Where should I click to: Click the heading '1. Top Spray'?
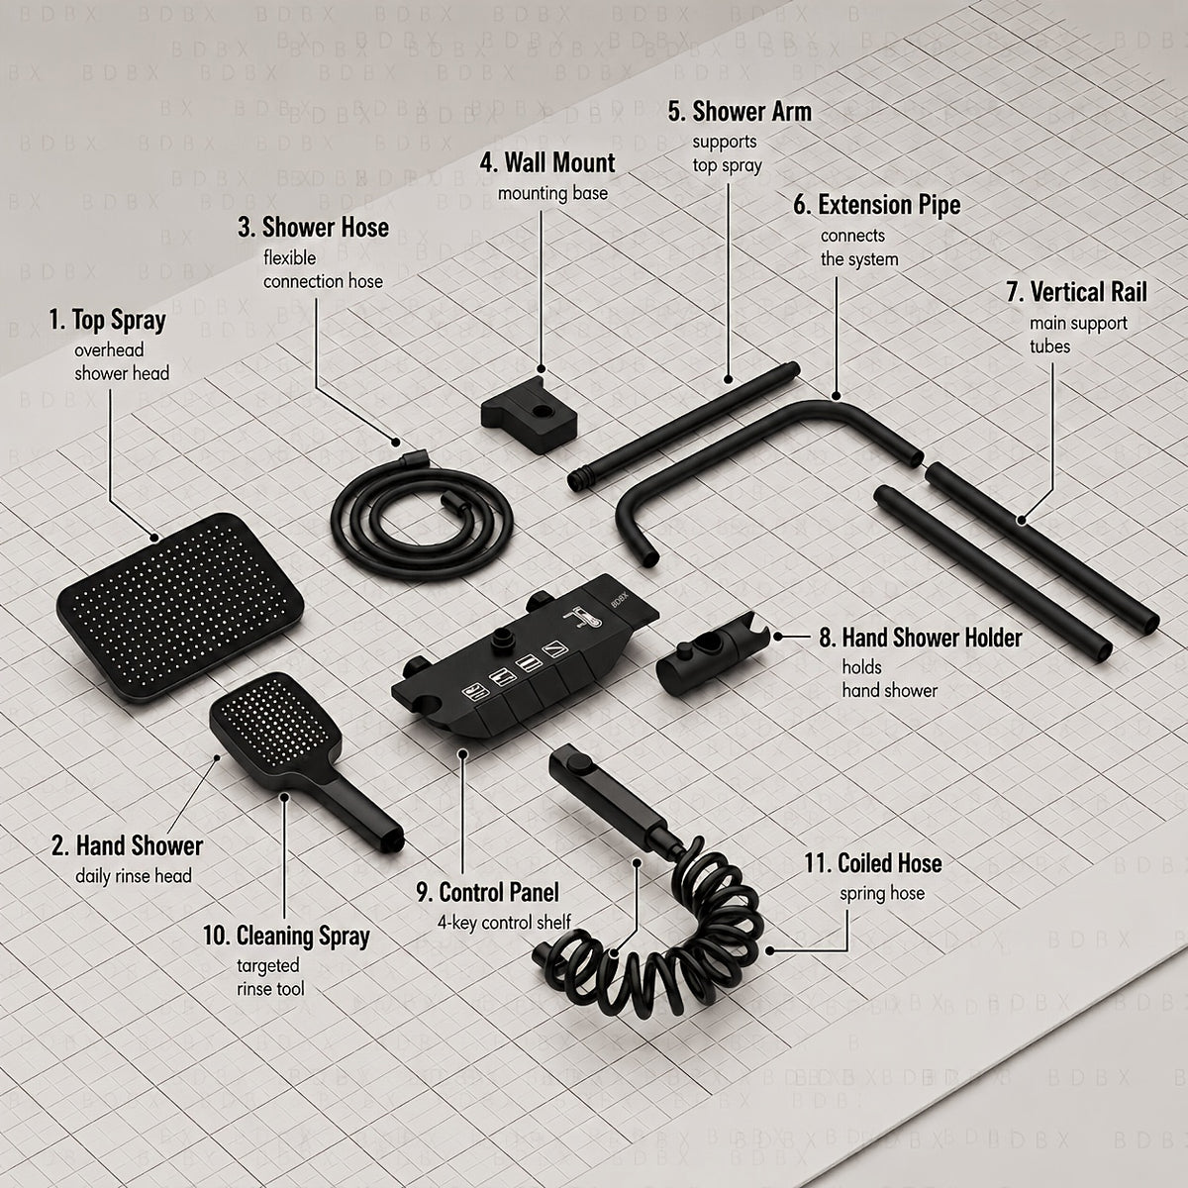[107, 321]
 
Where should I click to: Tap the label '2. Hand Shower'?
[127, 845]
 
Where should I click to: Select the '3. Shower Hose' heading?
[313, 228]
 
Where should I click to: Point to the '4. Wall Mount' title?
[547, 162]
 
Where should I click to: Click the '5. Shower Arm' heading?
[740, 112]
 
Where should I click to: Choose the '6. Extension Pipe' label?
[877, 205]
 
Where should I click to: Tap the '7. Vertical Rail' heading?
[1077, 292]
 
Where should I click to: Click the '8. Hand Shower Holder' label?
[921, 638]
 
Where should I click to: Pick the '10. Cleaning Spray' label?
[286, 936]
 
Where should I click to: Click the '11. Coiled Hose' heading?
[873, 863]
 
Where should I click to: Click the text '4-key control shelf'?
[504, 923]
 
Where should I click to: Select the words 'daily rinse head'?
[134, 876]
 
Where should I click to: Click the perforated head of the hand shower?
[274, 726]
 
